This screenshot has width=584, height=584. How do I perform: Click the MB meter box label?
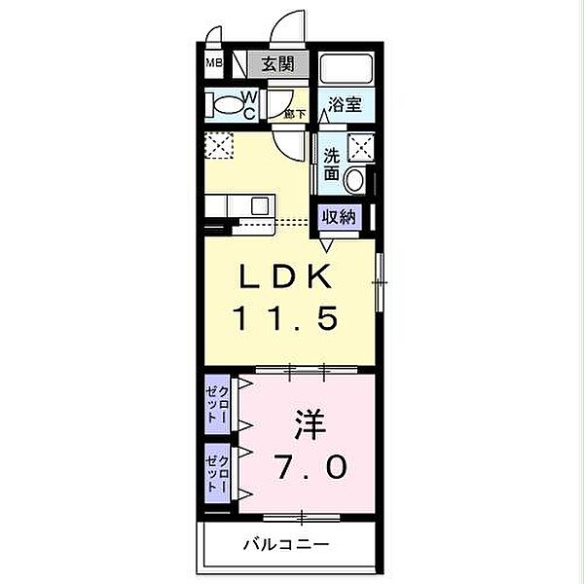[x=212, y=66]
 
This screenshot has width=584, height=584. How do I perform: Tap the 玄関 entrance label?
[x=276, y=65]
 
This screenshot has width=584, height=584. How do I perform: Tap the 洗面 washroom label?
[x=332, y=164]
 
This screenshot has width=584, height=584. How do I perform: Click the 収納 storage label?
[x=336, y=217]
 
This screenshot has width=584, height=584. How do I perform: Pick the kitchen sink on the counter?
[x=260, y=205]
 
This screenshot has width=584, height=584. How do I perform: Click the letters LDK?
[x=286, y=278]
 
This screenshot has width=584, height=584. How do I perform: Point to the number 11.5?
[x=286, y=317]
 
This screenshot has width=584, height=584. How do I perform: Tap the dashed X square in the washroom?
[x=362, y=149]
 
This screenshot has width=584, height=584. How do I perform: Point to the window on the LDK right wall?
[x=381, y=281]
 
